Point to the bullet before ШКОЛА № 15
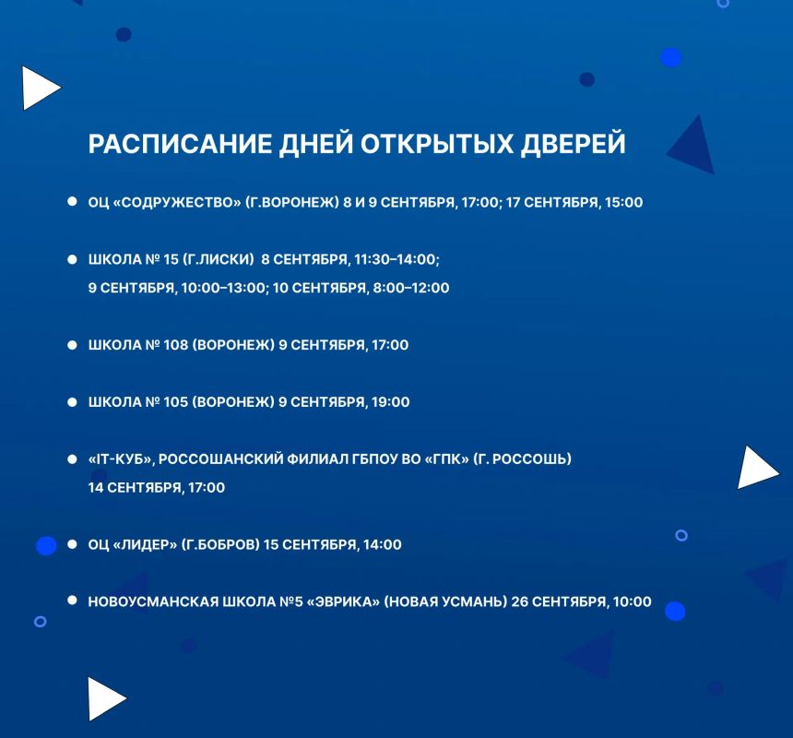[72, 259]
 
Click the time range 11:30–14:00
[396, 259]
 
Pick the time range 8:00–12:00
[410, 288]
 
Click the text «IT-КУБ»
[121, 459]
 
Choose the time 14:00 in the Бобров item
[383, 545]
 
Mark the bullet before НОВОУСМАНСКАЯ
[72, 601]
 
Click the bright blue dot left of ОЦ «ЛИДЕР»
[46, 546]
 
